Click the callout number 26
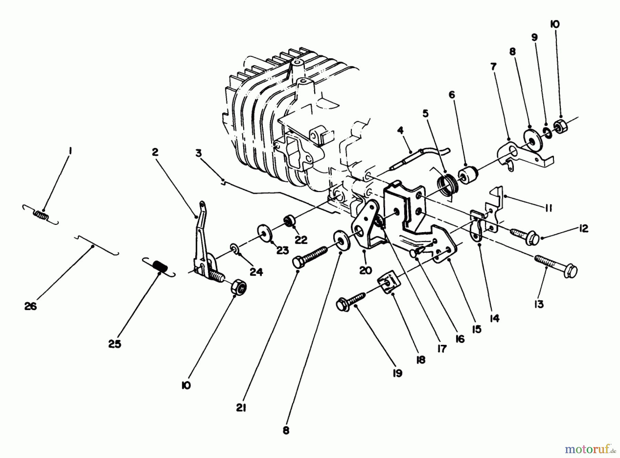tap(30, 306)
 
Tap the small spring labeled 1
tap(41, 215)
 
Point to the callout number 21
tap(241, 408)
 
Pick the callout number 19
tap(397, 373)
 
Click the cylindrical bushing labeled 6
tap(468, 176)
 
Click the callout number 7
tap(494, 67)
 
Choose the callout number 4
tap(400, 130)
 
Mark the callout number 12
tap(583, 228)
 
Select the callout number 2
tap(155, 152)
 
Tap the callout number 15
tap(476, 329)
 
